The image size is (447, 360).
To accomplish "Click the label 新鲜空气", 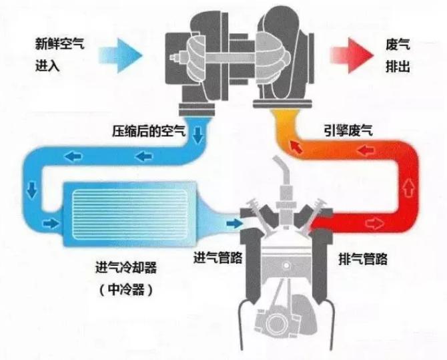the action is (59, 44).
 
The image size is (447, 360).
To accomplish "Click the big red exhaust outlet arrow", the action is (352, 55).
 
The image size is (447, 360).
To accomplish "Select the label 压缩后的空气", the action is (149, 131).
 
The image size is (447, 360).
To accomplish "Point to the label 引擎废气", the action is (348, 130).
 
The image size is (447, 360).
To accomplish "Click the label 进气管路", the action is (217, 257).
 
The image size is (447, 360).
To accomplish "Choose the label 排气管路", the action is (363, 259).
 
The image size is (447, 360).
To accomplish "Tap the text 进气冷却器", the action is (126, 268).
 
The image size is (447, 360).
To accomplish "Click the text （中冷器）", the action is (126, 290).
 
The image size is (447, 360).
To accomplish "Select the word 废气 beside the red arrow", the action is (398, 45).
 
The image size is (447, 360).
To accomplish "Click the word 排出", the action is (398, 67).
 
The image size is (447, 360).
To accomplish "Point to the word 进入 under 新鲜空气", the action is (47, 66).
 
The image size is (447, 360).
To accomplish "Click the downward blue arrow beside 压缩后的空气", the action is (197, 135).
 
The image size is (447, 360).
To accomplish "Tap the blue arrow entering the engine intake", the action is (234, 223).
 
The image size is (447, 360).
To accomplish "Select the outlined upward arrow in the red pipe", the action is (408, 188).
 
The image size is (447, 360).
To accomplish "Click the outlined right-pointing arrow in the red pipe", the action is (375, 223).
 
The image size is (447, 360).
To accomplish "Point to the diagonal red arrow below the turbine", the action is (296, 147).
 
